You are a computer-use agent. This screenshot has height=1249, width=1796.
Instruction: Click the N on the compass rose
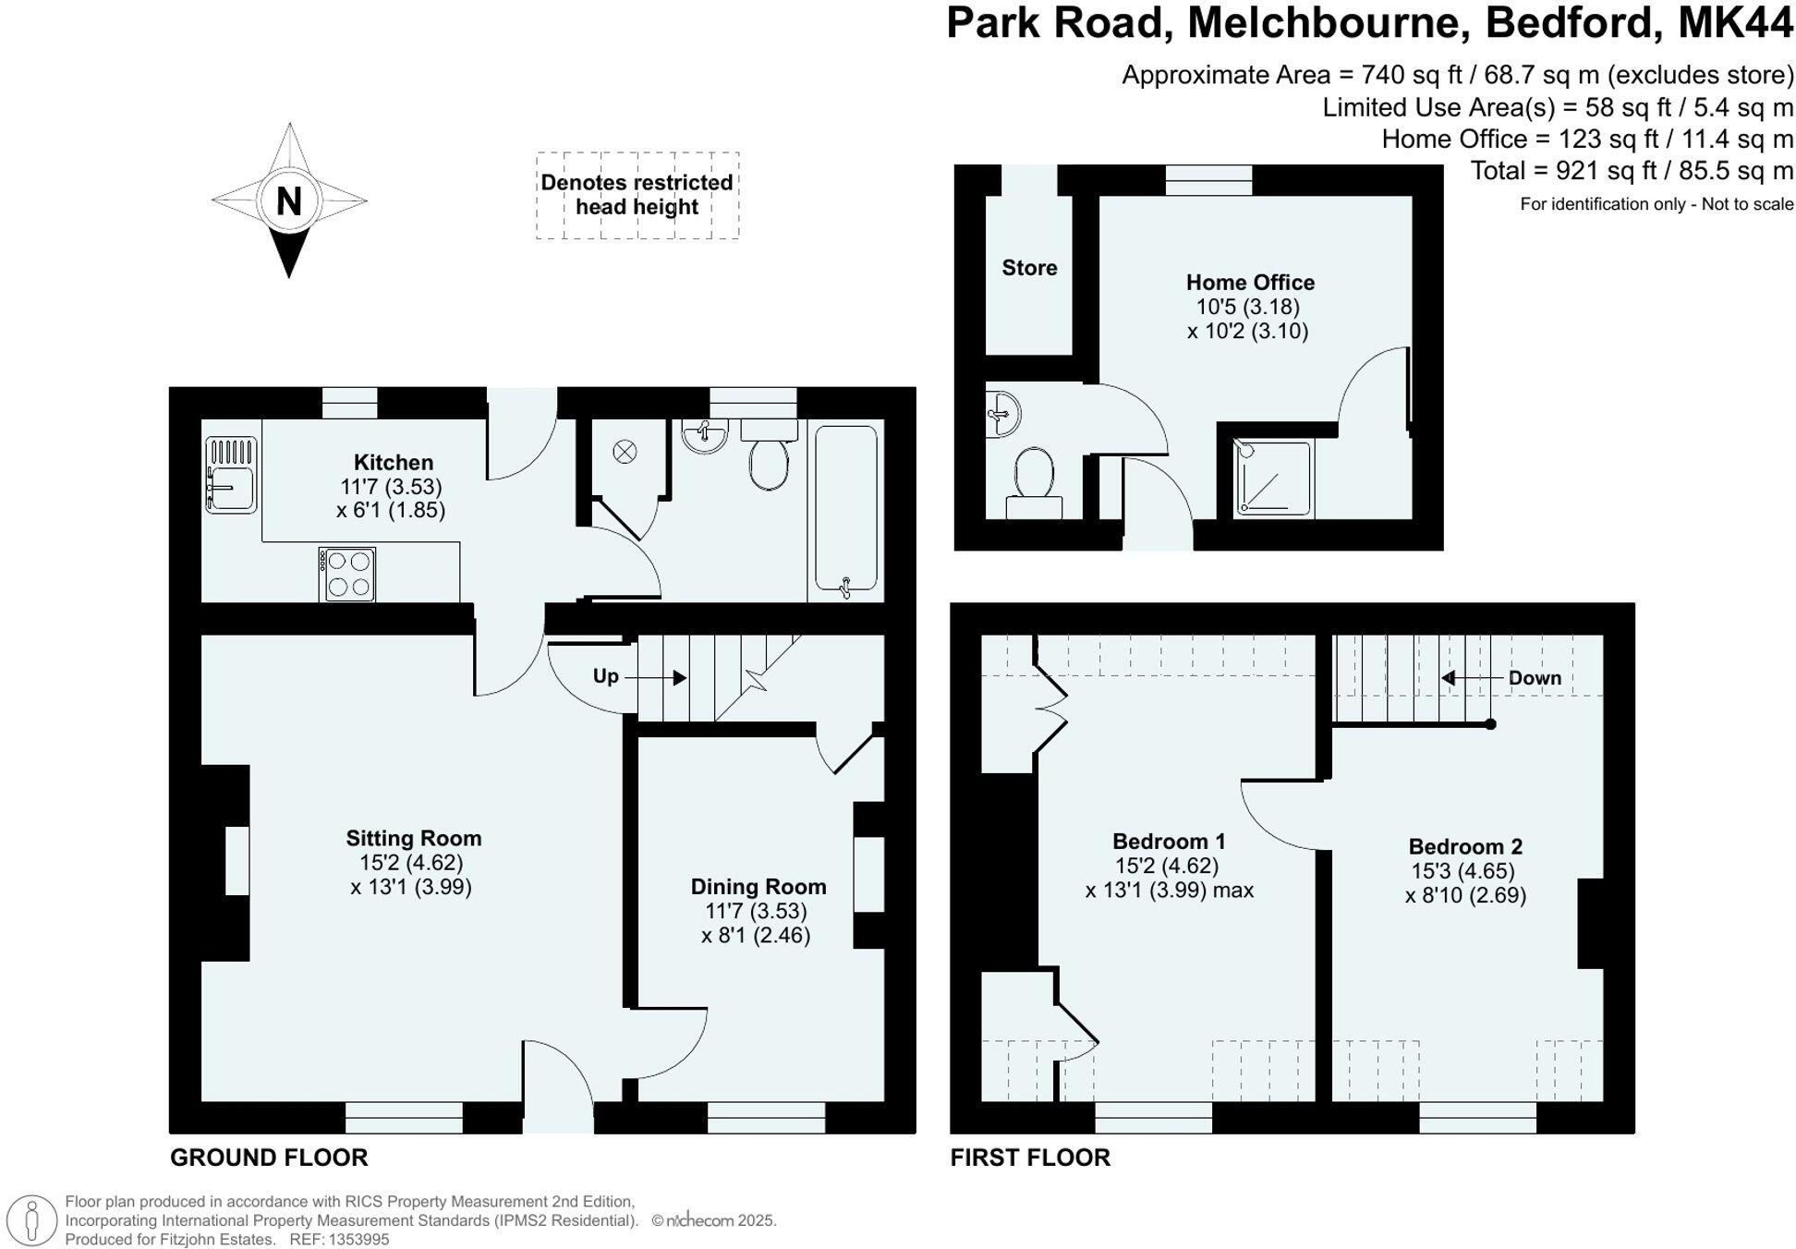[x=289, y=200]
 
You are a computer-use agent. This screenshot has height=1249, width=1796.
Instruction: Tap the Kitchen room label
[x=393, y=462]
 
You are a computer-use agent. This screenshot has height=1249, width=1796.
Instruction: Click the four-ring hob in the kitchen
[x=347, y=574]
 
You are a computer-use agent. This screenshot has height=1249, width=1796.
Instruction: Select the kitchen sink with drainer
[x=231, y=475]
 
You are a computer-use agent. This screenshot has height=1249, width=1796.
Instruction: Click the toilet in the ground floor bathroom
[x=769, y=462]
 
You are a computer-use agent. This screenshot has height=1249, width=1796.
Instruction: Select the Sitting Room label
[x=413, y=838]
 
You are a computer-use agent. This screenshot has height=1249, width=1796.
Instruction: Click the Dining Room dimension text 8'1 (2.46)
[x=756, y=935]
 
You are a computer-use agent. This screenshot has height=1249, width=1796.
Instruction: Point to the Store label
[x=1029, y=268]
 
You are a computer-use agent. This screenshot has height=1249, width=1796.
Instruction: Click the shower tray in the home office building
[x=1273, y=477]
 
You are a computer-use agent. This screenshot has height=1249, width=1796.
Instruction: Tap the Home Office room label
[x=1249, y=282]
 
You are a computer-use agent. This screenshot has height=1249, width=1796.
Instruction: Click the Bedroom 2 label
[x=1464, y=846]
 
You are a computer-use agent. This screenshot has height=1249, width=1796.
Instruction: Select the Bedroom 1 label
[x=1168, y=841]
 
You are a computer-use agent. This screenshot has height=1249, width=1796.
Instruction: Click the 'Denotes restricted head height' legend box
[x=637, y=195]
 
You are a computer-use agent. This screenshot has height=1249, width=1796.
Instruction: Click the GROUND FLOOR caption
[x=269, y=1157]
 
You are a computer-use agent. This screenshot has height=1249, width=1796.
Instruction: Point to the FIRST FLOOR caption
[x=1029, y=1157]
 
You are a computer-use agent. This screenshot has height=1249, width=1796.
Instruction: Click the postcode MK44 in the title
[x=1734, y=23]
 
